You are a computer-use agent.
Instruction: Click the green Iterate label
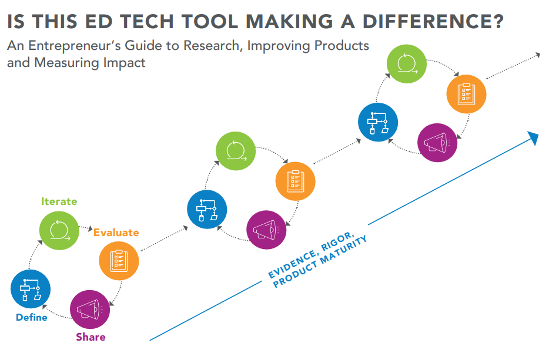59,201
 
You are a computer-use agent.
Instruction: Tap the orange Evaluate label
116,233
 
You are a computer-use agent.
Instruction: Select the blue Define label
32,317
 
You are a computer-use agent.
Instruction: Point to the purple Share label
91,337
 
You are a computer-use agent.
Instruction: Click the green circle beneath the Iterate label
59,231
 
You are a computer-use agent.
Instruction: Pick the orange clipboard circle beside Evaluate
119,261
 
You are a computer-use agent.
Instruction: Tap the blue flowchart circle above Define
31,289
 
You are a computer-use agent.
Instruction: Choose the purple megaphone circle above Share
90,309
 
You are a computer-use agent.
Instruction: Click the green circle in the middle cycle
236,151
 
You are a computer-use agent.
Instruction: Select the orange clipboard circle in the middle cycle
296,181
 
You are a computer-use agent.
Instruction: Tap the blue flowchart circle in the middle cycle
207,210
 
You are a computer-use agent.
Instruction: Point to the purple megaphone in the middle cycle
266,230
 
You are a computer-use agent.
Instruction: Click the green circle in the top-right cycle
407,64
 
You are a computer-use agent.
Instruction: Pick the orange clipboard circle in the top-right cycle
466,94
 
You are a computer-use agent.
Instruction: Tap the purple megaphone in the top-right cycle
437,143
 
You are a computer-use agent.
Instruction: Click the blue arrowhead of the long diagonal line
534,137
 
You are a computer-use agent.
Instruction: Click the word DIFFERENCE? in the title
433,22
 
